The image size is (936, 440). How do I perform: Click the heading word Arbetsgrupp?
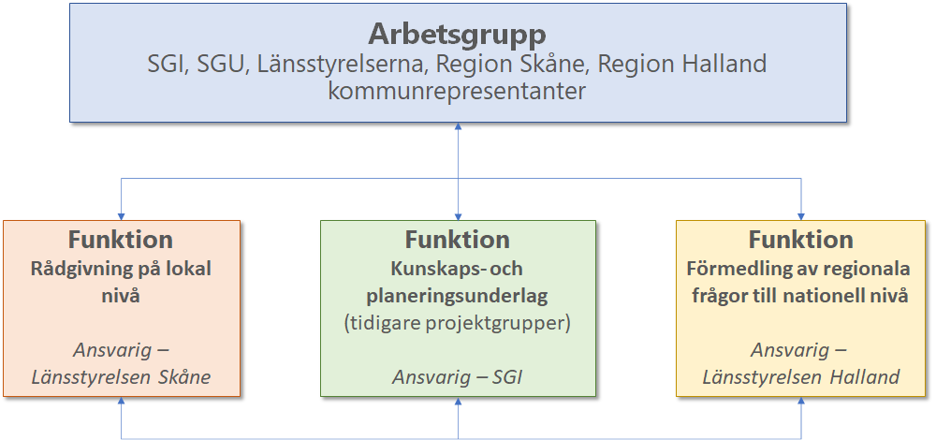click(458, 36)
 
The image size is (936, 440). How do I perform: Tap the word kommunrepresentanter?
click(457, 92)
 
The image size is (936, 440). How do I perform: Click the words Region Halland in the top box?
click(682, 65)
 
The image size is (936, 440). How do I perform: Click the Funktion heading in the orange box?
click(121, 240)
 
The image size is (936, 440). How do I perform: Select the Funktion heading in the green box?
click(458, 240)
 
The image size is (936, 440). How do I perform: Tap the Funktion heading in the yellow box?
click(800, 240)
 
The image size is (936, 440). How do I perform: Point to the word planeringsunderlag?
click(458, 296)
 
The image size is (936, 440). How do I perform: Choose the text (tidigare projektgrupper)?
click(458, 324)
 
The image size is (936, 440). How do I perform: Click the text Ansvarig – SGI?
click(458, 377)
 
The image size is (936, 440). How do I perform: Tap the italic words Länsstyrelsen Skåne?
click(121, 377)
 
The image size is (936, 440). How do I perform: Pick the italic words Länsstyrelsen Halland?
click(800, 377)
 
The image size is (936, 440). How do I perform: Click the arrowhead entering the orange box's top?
click(121, 216)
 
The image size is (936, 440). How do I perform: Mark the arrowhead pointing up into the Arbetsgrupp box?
click(458, 126)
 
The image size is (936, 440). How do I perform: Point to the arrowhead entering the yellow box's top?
click(800, 216)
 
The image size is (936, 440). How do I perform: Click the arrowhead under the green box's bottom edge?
click(458, 402)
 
